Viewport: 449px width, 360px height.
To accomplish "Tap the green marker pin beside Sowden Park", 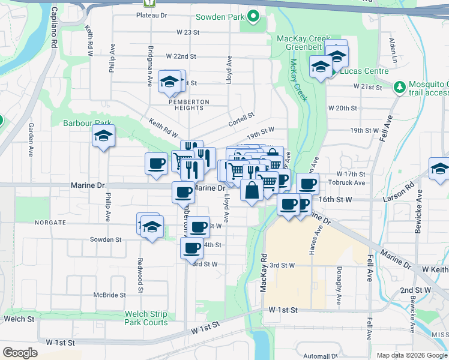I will (x=253, y=17).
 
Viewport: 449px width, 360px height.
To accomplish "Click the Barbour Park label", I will (x=87, y=123).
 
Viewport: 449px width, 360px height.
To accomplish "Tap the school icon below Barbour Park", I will (x=103, y=137).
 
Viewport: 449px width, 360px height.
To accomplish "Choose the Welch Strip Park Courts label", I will (x=146, y=318).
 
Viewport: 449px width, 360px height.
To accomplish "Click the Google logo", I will (x=20, y=353).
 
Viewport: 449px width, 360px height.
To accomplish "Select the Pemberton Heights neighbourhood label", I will (x=188, y=104).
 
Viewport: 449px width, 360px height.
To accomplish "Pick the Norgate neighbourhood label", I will (x=50, y=223).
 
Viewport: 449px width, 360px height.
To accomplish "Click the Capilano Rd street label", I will (x=54, y=36).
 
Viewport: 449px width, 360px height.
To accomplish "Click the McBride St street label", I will (x=109, y=295).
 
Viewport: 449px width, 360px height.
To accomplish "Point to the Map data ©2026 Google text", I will (x=412, y=355).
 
